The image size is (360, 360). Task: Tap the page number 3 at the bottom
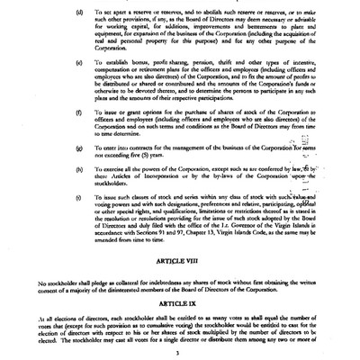pyautogui.click(x=180, y=353)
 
